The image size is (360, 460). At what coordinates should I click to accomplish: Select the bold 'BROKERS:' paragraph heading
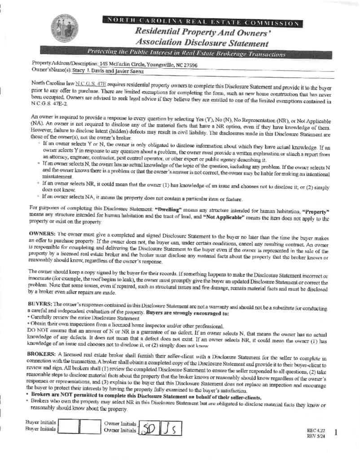(43, 354)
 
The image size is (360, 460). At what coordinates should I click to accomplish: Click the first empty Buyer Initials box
(70, 426)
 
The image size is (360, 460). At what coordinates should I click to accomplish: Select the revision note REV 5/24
(315, 435)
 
